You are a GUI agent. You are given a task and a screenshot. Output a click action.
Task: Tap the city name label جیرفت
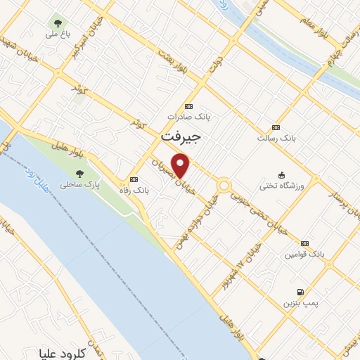[x=181, y=137]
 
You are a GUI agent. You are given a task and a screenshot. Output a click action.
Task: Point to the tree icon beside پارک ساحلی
[x=79, y=173]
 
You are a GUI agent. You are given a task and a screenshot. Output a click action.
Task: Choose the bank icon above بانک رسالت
[x=275, y=127]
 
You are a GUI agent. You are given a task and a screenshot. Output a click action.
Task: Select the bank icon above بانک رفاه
[x=134, y=179]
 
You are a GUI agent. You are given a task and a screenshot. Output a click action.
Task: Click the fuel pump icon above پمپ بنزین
[x=300, y=292]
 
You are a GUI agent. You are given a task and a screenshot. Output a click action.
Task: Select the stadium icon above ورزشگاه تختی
[x=282, y=174]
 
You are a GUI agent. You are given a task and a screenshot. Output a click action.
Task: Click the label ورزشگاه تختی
[x=279, y=186]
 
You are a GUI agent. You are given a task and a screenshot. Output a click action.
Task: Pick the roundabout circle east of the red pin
[x=224, y=186]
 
